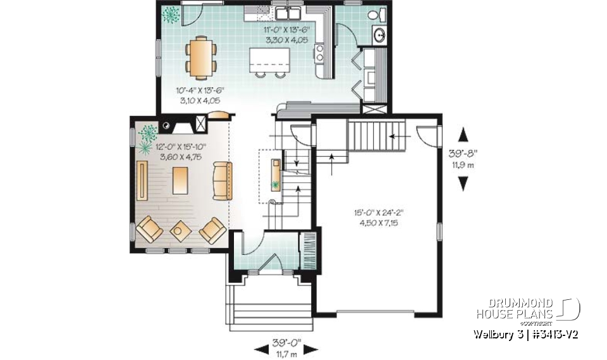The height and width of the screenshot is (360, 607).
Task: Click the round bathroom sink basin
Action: click(381, 35)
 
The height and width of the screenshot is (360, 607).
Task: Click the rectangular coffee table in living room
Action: click(180, 180)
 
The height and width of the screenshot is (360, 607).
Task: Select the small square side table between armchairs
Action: click(180, 231)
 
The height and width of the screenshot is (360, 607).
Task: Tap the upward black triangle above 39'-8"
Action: click(464, 135)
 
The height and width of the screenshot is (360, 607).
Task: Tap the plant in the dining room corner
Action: click(169, 13)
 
